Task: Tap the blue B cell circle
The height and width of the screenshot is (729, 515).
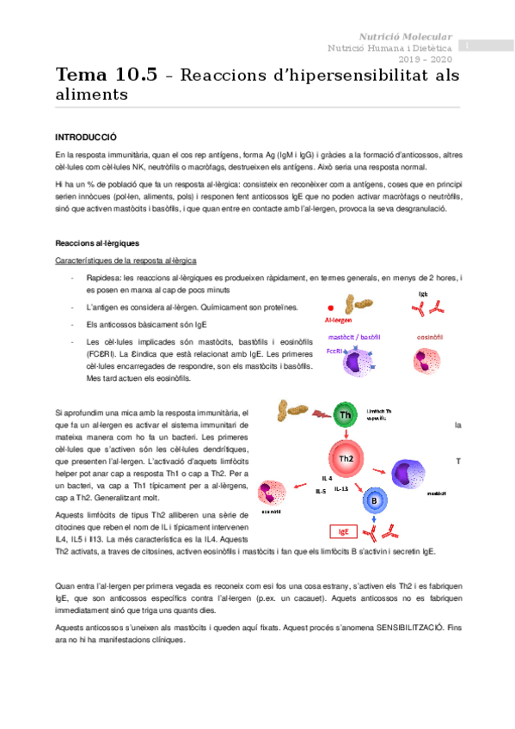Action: click(x=374, y=500)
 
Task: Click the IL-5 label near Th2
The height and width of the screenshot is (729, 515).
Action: click(x=321, y=491)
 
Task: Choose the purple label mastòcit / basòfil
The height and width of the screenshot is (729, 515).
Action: click(x=354, y=335)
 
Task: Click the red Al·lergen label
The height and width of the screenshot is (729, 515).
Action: click(x=339, y=319)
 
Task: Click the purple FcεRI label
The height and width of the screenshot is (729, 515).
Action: click(x=336, y=350)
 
